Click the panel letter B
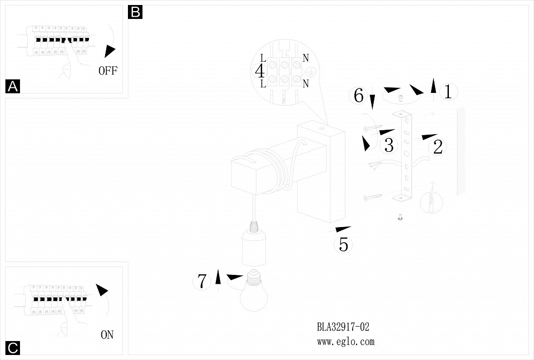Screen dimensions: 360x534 click(x=135, y=12)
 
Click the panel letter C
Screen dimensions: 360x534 click(x=12, y=348)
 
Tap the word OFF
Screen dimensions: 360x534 click(x=108, y=71)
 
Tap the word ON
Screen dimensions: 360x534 click(x=107, y=335)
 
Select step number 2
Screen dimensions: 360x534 click(x=438, y=147)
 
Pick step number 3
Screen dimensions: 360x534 click(x=389, y=145)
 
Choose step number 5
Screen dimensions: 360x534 click(x=343, y=244)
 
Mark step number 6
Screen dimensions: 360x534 click(x=359, y=96)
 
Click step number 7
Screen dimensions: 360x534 click(x=202, y=281)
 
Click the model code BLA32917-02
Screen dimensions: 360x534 click(x=343, y=327)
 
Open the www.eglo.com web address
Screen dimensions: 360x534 click(x=345, y=342)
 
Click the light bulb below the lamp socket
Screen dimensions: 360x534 click(x=254, y=292)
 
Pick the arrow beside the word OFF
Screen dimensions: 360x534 click(x=110, y=51)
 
